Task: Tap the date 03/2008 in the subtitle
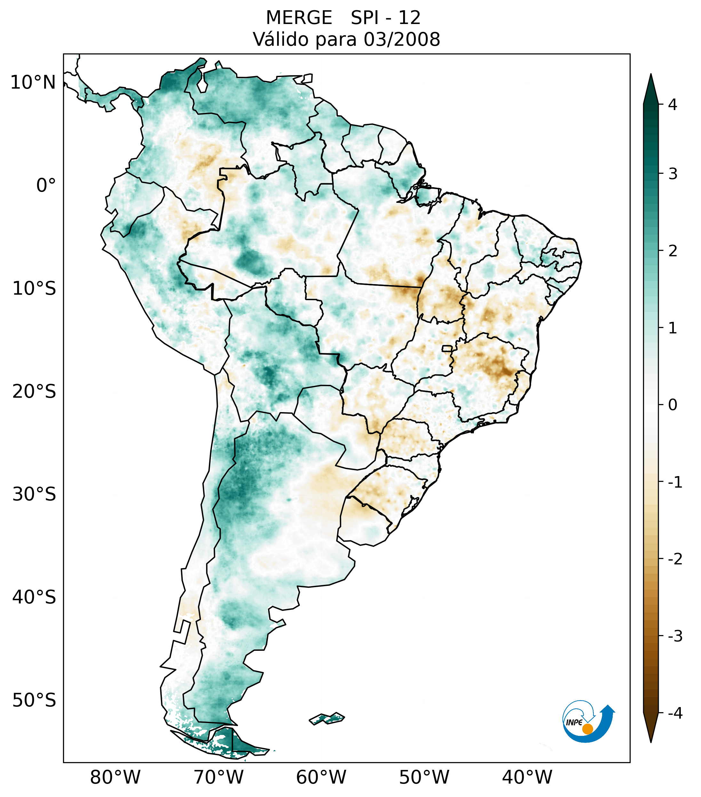(x=402, y=39)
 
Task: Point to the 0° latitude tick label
(x=46, y=186)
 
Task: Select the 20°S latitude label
(x=34, y=392)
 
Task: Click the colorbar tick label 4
(x=673, y=105)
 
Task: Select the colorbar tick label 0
(x=673, y=405)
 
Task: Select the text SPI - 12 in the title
(x=386, y=18)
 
